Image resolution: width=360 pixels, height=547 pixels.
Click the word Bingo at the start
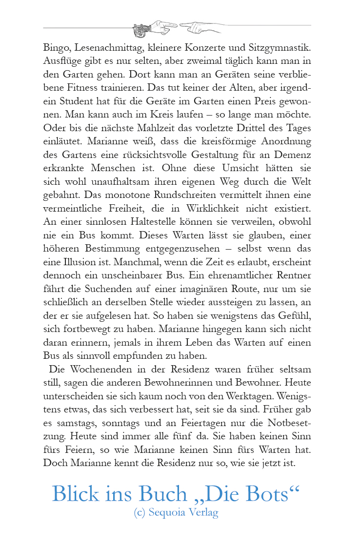[56, 48]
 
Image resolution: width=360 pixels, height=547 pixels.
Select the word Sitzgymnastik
[283, 48]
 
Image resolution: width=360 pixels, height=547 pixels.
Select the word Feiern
[73, 449]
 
